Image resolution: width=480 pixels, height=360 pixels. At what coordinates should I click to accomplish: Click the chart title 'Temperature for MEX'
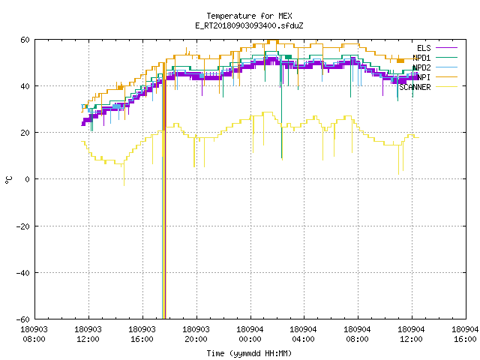pyautogui.click(x=249, y=16)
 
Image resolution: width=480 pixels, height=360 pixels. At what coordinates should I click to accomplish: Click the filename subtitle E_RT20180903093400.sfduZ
pyautogui.click(x=249, y=25)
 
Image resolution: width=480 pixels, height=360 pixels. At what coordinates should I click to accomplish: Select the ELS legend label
pyautogui.click(x=424, y=48)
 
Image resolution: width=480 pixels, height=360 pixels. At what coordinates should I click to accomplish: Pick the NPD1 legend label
pyautogui.click(x=421, y=58)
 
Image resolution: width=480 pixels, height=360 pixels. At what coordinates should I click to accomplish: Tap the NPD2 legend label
pyautogui.click(x=421, y=67)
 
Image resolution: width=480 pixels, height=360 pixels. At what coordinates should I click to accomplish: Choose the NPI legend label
pyautogui.click(x=424, y=77)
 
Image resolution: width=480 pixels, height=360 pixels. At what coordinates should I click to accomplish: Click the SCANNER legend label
pyautogui.click(x=415, y=87)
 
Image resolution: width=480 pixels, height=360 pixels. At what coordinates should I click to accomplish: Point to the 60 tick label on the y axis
pyautogui.click(x=25, y=40)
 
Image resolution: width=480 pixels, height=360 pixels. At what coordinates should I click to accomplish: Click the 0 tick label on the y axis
pyautogui.click(x=27, y=179)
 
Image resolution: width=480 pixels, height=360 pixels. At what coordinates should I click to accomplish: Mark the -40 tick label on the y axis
pyautogui.click(x=23, y=273)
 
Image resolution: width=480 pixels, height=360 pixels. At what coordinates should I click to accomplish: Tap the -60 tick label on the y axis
pyautogui.click(x=23, y=319)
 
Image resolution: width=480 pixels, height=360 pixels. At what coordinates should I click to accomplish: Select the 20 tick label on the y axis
pyautogui.click(x=25, y=133)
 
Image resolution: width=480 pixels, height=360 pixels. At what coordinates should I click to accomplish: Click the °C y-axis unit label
pyautogui.click(x=9, y=180)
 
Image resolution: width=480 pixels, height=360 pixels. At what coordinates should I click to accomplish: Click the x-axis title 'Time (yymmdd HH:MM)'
pyautogui.click(x=249, y=353)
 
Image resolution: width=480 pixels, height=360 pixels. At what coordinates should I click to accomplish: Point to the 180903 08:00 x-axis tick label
pyautogui.click(x=34, y=334)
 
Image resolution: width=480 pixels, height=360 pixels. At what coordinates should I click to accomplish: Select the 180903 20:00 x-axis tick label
pyautogui.click(x=196, y=334)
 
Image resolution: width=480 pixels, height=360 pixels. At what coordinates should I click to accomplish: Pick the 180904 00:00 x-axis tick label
pyautogui.click(x=250, y=334)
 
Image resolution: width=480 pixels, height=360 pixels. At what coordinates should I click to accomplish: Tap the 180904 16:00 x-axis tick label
pyautogui.click(x=465, y=334)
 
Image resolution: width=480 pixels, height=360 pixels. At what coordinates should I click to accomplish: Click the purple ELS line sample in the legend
pyautogui.click(x=446, y=48)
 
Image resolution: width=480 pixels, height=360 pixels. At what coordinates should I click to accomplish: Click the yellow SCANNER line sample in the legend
pyautogui.click(x=446, y=87)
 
